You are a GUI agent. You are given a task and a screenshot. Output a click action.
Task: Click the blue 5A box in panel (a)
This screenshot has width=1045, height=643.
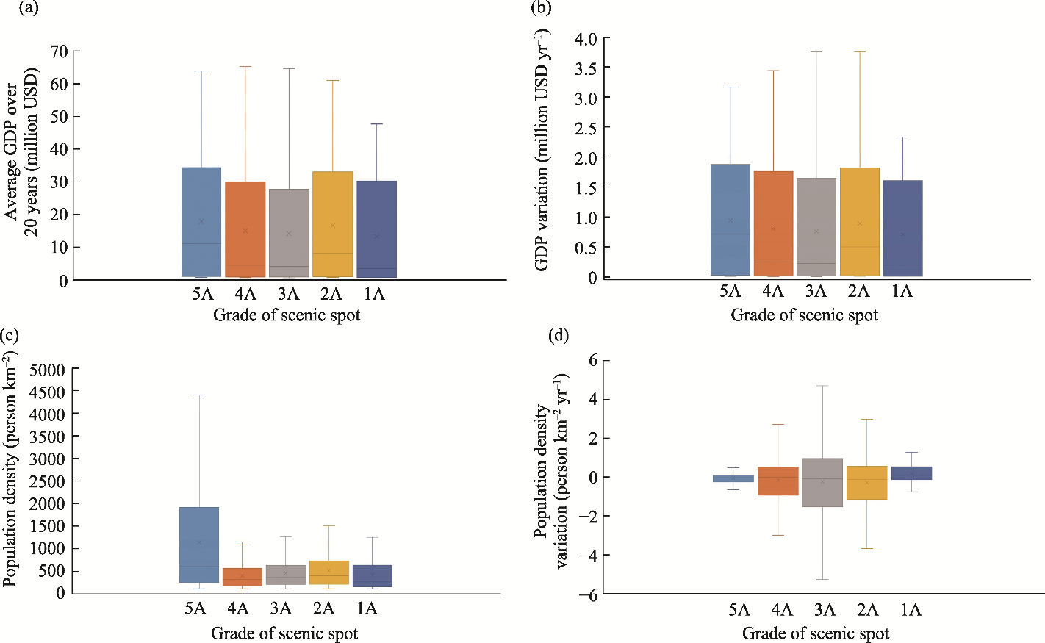pos(201,222)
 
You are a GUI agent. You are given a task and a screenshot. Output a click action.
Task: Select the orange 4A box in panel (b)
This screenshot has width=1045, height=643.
pos(774,224)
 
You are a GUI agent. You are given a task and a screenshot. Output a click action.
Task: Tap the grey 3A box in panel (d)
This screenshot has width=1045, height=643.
pos(822,483)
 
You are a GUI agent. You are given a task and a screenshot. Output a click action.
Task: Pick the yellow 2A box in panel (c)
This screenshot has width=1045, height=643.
pos(329,572)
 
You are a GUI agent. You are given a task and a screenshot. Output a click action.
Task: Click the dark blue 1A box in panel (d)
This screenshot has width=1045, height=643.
pos(911,473)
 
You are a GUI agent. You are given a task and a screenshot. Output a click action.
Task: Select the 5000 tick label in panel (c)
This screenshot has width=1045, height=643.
pos(47,370)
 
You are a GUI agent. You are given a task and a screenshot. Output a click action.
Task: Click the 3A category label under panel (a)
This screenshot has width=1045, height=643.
pos(288,295)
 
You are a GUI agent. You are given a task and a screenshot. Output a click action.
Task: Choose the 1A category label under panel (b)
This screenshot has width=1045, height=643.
pos(902,292)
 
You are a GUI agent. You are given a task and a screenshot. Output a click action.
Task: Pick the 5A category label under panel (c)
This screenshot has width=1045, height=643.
pos(195,608)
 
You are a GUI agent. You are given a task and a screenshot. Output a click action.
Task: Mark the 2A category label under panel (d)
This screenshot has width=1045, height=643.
pos(867,610)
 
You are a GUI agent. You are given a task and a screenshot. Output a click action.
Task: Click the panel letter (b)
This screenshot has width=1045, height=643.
pos(541,7)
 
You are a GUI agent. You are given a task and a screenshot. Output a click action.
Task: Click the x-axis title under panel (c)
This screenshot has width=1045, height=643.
pos(284,633)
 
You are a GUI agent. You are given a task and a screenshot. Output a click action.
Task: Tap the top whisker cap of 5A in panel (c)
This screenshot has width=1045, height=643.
pos(199,395)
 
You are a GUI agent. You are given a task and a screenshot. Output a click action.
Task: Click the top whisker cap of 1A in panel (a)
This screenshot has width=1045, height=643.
pos(376,124)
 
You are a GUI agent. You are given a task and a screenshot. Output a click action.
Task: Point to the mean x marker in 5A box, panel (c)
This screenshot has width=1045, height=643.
pos(199,542)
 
